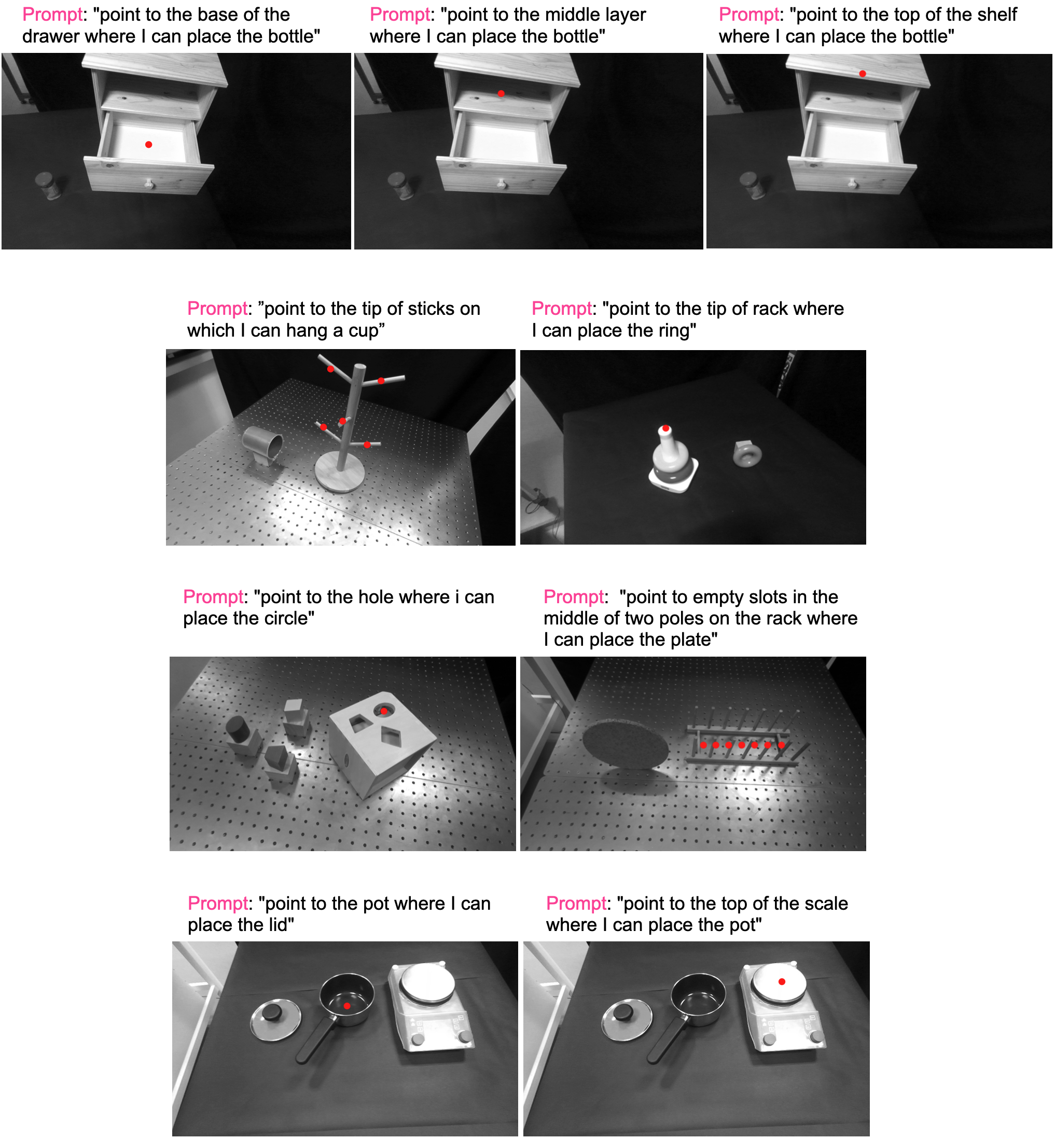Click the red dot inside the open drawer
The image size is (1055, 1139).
pyautogui.click(x=148, y=144)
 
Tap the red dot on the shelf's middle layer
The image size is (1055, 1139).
pyautogui.click(x=501, y=93)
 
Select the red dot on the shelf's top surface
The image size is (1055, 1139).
pyautogui.click(x=862, y=74)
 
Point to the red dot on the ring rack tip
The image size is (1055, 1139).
pyautogui.click(x=665, y=428)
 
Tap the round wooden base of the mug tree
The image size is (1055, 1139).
pyautogui.click(x=340, y=470)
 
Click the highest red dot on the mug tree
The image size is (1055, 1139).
pyautogui.click(x=330, y=369)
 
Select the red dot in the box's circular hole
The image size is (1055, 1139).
pyautogui.click(x=384, y=711)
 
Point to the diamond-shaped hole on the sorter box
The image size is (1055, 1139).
pyautogui.click(x=392, y=738)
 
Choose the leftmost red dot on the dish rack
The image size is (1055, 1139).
pyautogui.click(x=703, y=745)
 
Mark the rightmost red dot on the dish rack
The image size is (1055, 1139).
pyautogui.click(x=781, y=745)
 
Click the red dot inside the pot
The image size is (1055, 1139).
pyautogui.click(x=346, y=1005)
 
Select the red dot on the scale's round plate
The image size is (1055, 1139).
pyautogui.click(x=782, y=981)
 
